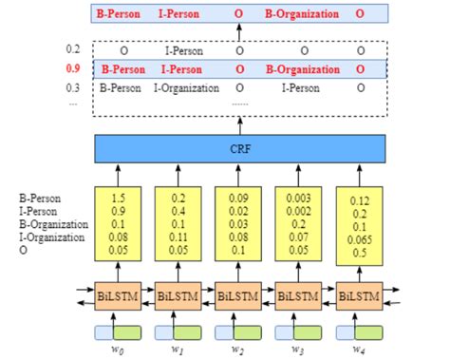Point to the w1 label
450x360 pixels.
[178, 350]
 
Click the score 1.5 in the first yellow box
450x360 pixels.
[118, 197]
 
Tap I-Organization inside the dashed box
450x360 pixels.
[186, 87]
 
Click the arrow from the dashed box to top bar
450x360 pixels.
[239, 33]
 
